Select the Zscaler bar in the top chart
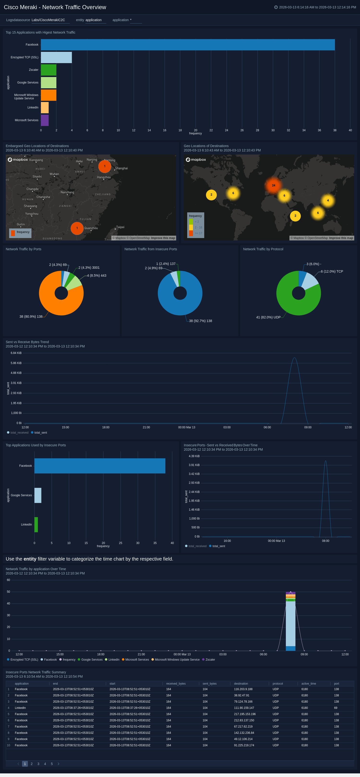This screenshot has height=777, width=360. point(48,70)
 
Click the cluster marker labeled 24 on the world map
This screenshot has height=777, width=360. point(273,185)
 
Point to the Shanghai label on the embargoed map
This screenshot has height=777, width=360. point(121,168)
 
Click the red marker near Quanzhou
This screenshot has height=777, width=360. point(77,228)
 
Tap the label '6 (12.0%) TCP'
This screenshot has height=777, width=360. point(332,271)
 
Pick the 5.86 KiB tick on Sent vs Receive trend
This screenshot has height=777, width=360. point(16,363)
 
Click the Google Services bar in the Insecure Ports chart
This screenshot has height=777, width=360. point(38,495)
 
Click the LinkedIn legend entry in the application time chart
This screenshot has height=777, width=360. point(114,660)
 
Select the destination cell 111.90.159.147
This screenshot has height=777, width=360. point(244,708)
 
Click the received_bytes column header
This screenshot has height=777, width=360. point(176,683)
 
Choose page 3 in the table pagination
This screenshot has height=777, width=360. point(38,764)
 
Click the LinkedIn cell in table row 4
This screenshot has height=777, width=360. point(20,708)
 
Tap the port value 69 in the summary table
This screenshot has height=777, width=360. point(336,708)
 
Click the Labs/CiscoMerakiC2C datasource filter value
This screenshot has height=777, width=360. point(48,20)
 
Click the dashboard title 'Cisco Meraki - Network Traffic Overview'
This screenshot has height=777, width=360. point(55,7)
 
